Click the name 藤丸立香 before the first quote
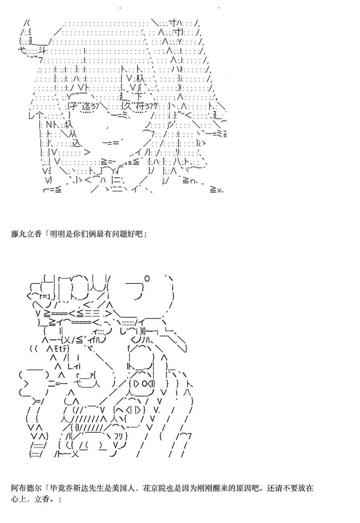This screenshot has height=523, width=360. coord(26,234)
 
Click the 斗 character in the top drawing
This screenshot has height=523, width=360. coord(43,50)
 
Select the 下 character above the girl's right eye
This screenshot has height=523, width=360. coord(139,97)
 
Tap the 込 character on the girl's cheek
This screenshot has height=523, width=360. coord(77,143)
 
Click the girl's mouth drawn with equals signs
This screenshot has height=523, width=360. coord(111,142)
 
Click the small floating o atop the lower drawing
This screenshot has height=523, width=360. coord(147,278)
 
